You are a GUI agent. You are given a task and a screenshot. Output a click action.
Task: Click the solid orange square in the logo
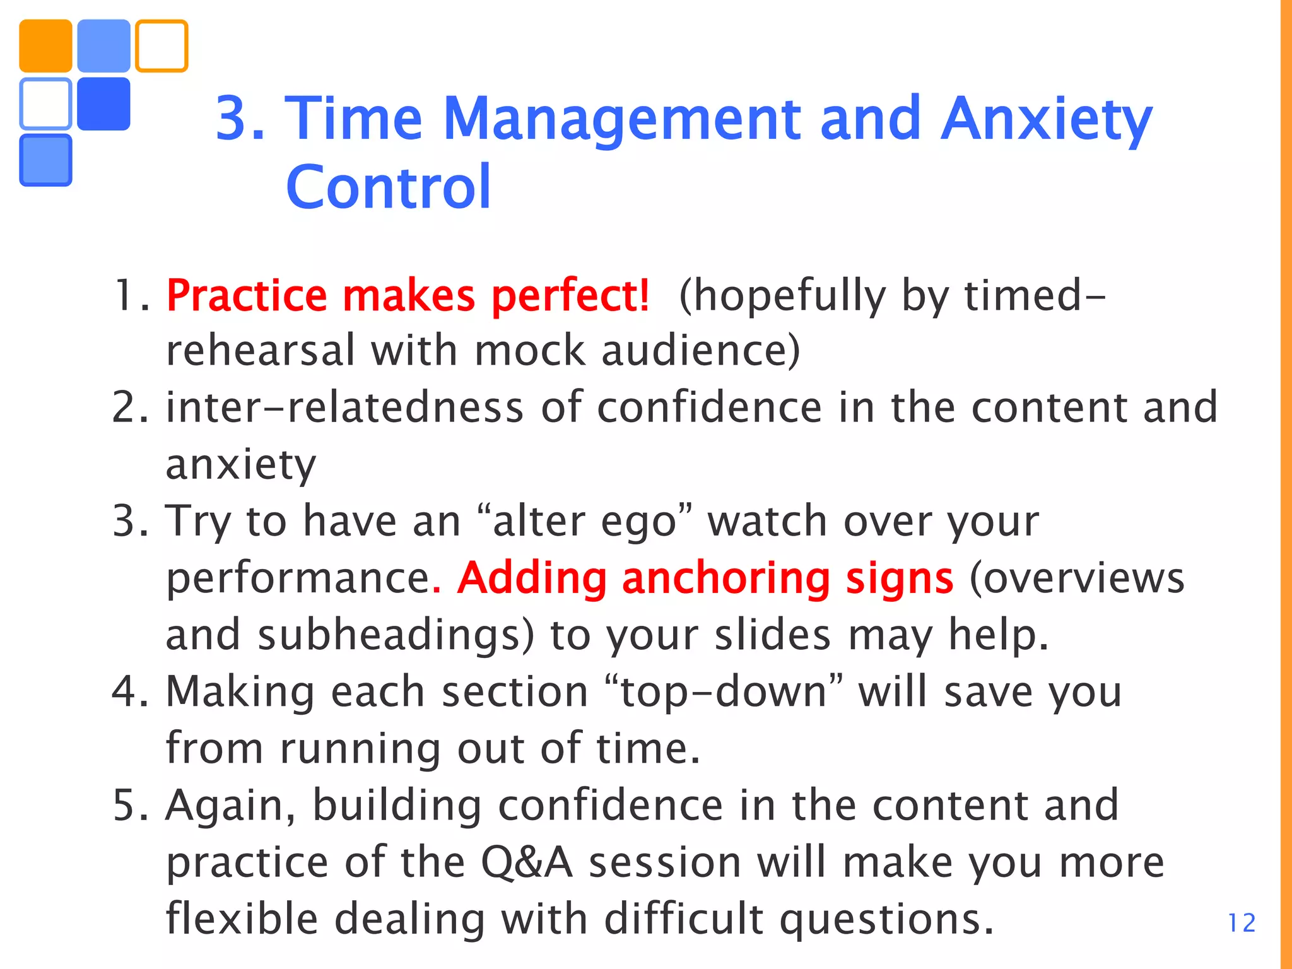tap(45, 46)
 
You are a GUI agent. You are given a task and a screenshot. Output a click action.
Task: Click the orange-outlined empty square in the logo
tap(161, 46)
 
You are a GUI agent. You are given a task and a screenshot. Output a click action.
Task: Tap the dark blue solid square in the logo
tap(103, 104)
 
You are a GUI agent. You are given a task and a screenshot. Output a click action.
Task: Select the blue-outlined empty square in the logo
tap(45, 104)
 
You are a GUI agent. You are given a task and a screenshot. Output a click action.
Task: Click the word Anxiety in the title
tap(1046, 119)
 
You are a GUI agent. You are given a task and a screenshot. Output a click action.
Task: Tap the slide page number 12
tap(1241, 924)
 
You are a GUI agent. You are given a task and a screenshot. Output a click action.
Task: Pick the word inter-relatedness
tap(344, 407)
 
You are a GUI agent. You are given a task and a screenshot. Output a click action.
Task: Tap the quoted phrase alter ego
tap(585, 522)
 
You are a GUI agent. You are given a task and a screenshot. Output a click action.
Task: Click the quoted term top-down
tap(724, 691)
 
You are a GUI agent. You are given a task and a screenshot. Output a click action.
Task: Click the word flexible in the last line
tap(242, 919)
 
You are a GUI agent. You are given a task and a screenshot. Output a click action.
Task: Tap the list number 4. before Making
tap(130, 691)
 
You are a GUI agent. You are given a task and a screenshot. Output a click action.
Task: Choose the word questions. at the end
tap(886, 920)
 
